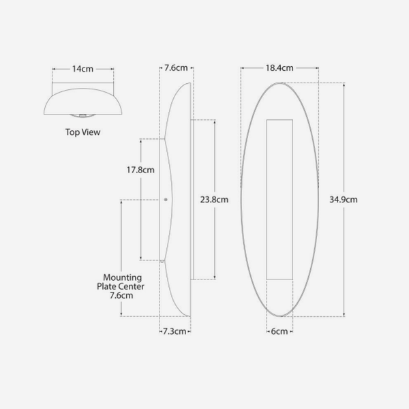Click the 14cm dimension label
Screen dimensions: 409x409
[x=82, y=69]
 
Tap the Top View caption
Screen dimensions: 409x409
[x=82, y=132]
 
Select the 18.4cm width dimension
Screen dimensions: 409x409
[x=279, y=67]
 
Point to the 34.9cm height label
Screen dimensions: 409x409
[x=344, y=200]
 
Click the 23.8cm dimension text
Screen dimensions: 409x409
[x=214, y=200]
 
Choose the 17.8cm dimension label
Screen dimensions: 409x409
[x=140, y=170]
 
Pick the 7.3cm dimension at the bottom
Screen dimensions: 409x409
[x=175, y=331]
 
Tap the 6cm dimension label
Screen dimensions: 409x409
[x=279, y=331]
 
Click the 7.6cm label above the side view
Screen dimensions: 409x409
[x=176, y=67]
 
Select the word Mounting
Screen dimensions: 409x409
[x=122, y=277]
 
